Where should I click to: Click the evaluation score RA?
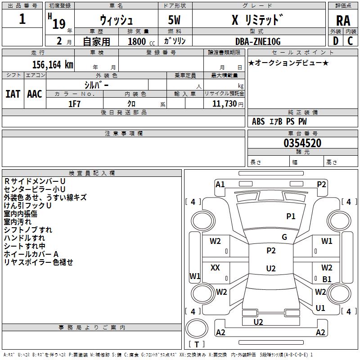(x=343, y=20)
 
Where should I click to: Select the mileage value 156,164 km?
(x=53, y=64)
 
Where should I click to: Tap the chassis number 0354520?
(x=302, y=144)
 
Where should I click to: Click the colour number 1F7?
(x=74, y=103)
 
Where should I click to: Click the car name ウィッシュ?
(x=116, y=20)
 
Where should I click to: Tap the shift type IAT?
(x=13, y=94)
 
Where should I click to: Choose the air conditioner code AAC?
(x=35, y=94)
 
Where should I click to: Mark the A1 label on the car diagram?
(x=220, y=184)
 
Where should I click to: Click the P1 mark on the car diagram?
(x=291, y=216)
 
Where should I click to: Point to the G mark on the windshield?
(x=284, y=237)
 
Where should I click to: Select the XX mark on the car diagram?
(x=215, y=268)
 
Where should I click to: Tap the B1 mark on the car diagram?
(x=327, y=279)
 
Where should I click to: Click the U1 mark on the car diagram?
(x=320, y=308)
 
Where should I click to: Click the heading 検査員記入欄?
(x=92, y=173)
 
